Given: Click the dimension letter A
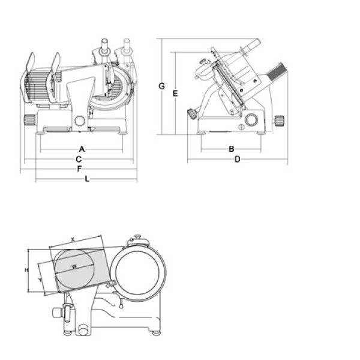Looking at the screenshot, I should click(82, 148).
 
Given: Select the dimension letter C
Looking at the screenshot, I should click(79, 159).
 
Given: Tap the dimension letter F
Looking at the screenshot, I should click(79, 169).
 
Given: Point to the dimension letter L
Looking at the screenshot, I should click(87, 179).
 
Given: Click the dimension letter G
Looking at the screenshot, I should click(161, 86).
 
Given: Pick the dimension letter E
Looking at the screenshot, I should click(175, 93).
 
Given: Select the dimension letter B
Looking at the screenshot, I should click(231, 148).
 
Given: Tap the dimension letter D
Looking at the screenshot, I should click(237, 159).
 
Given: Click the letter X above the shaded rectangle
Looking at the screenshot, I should click(73, 239).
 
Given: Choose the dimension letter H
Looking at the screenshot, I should click(26, 271).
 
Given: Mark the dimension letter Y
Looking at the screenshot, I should click(39, 280).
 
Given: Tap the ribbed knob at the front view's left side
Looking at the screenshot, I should click(28, 118).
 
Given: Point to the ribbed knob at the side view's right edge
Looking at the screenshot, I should click(279, 119).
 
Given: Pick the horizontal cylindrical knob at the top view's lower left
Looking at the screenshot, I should click(58, 311).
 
